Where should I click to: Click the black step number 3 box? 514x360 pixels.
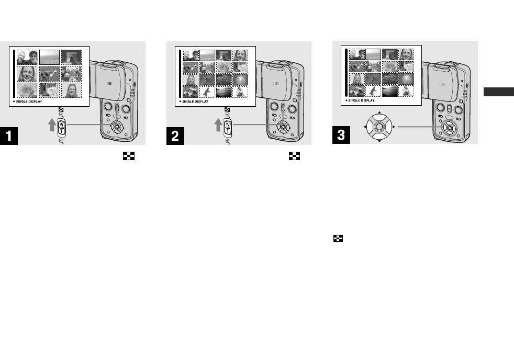tap(342, 137)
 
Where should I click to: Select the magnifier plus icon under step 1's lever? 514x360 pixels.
tap(61, 142)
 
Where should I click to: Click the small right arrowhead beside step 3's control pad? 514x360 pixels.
tap(394, 127)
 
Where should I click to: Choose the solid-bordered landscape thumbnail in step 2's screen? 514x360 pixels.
tap(207, 55)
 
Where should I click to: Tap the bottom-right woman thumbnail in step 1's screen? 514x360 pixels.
tap(71, 90)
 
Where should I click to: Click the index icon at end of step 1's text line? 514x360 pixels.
tap(125, 156)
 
